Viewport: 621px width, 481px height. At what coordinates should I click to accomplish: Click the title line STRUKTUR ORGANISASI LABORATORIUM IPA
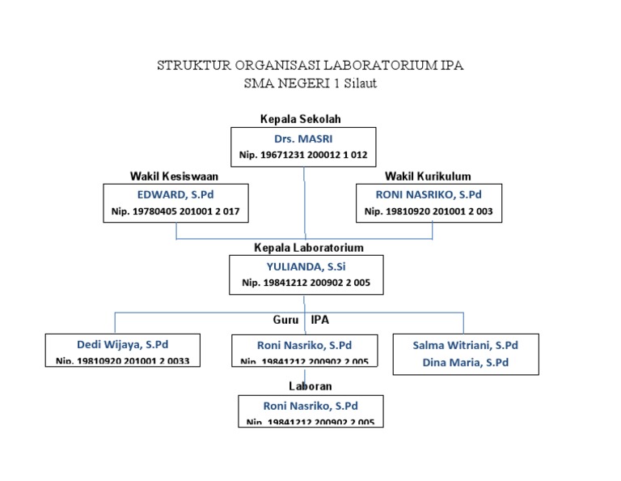(310, 66)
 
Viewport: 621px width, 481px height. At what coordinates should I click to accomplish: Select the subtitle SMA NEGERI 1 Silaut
(310, 83)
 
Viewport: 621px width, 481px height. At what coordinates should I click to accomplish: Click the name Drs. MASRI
(303, 138)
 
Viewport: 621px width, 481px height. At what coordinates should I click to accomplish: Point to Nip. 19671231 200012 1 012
(303, 154)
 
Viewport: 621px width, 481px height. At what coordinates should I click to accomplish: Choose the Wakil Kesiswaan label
(174, 176)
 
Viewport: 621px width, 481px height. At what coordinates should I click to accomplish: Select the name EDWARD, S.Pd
(175, 195)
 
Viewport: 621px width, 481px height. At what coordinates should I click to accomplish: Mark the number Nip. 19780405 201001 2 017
(175, 211)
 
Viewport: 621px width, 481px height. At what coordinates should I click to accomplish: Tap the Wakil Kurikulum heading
(428, 176)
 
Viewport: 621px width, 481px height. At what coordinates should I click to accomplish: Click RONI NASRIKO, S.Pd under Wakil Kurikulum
(429, 195)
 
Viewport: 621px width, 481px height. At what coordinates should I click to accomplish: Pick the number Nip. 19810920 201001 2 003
(429, 211)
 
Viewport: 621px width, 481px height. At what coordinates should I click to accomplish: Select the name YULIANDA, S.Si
(306, 266)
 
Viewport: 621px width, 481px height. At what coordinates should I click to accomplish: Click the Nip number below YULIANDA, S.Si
(306, 283)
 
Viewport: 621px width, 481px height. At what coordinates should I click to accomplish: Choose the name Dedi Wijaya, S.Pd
(122, 344)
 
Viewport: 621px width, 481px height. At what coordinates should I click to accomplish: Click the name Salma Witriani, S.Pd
(465, 345)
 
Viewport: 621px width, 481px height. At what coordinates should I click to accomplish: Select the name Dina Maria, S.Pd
(465, 363)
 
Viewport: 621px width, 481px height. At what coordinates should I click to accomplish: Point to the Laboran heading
(310, 386)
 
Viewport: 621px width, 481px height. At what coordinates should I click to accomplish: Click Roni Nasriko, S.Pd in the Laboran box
(310, 406)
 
